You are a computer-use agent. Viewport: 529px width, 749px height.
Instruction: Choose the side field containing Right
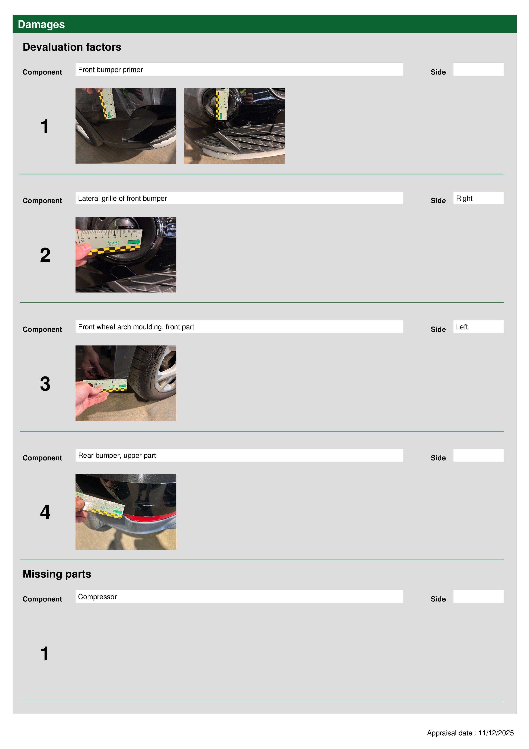pyautogui.click(x=478, y=198)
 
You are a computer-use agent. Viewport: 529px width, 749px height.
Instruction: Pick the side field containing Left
pyautogui.click(x=478, y=326)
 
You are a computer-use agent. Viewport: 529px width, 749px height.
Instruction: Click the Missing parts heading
pyautogui.click(x=57, y=574)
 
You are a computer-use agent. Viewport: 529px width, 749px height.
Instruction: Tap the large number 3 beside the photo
pyautogui.click(x=45, y=384)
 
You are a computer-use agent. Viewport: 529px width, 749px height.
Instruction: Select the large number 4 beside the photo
pyautogui.click(x=45, y=512)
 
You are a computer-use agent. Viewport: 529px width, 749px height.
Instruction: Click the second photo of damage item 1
pyautogui.click(x=234, y=126)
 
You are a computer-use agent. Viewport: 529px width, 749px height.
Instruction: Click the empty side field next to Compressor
pyautogui.click(x=478, y=596)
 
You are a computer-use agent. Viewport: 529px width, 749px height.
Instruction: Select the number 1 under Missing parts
pyautogui.click(x=45, y=654)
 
